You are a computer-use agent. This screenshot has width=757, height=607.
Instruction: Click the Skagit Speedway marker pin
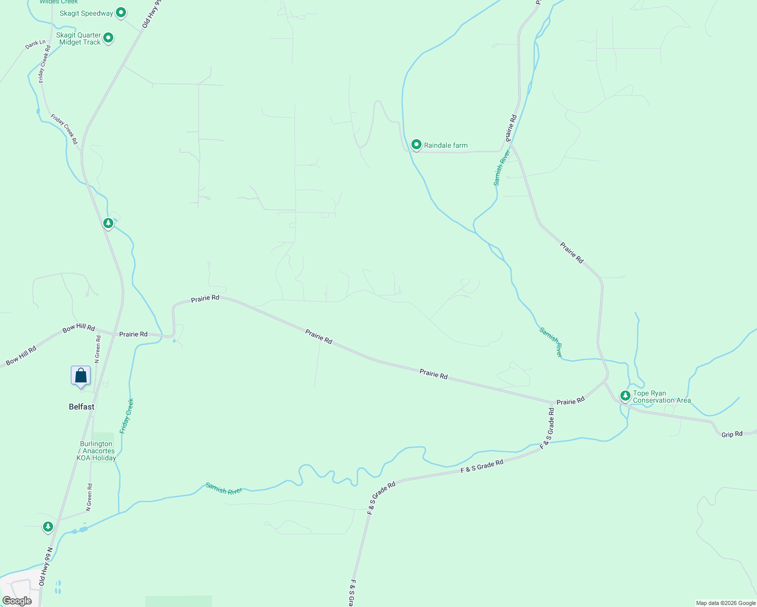point(121,12)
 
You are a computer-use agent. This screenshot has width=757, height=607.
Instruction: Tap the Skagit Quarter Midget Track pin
point(108,38)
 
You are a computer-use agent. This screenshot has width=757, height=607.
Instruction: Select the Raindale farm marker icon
point(416,145)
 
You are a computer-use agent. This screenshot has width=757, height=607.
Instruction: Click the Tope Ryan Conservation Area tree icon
point(625,395)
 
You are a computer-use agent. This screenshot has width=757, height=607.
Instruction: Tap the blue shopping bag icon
point(80,376)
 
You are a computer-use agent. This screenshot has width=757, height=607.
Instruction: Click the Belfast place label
point(81,407)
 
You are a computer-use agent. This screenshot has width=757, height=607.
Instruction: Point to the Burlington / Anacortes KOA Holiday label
point(96,451)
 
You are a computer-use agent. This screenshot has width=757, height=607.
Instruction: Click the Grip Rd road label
point(732,434)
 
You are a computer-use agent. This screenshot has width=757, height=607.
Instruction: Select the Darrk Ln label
point(35,45)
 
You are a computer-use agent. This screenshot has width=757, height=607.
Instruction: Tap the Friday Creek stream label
point(127,416)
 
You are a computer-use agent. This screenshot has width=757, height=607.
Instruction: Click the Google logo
point(17,601)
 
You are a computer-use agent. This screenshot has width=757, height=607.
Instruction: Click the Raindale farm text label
point(446,145)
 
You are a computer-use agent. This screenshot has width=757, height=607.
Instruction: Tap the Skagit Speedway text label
point(87,13)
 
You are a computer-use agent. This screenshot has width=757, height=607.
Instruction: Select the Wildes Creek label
point(59,2)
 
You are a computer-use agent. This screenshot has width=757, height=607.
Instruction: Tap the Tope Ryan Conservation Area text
point(662,397)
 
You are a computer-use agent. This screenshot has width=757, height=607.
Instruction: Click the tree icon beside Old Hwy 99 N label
point(48,527)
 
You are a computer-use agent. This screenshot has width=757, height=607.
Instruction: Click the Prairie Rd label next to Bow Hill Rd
point(134,334)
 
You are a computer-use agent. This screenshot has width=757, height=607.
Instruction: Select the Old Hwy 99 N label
point(46,567)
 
